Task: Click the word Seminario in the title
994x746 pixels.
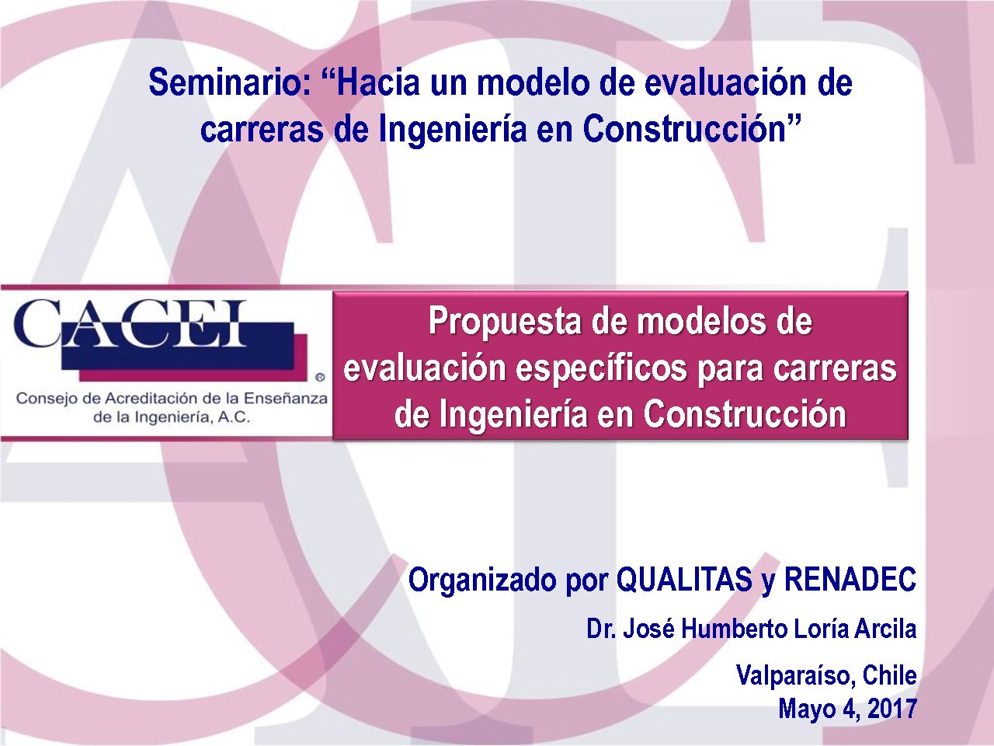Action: pyautogui.click(x=230, y=82)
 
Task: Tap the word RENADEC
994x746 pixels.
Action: pyautogui.click(x=850, y=580)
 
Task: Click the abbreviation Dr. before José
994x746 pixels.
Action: pyautogui.click(x=600, y=629)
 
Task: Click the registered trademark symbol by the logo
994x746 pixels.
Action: pyautogui.click(x=320, y=377)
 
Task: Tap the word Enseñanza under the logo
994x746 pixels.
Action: pyautogui.click(x=285, y=399)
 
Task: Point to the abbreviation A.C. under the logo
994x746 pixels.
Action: pyautogui.click(x=234, y=417)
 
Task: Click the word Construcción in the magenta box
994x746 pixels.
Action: pyautogui.click(x=745, y=413)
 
